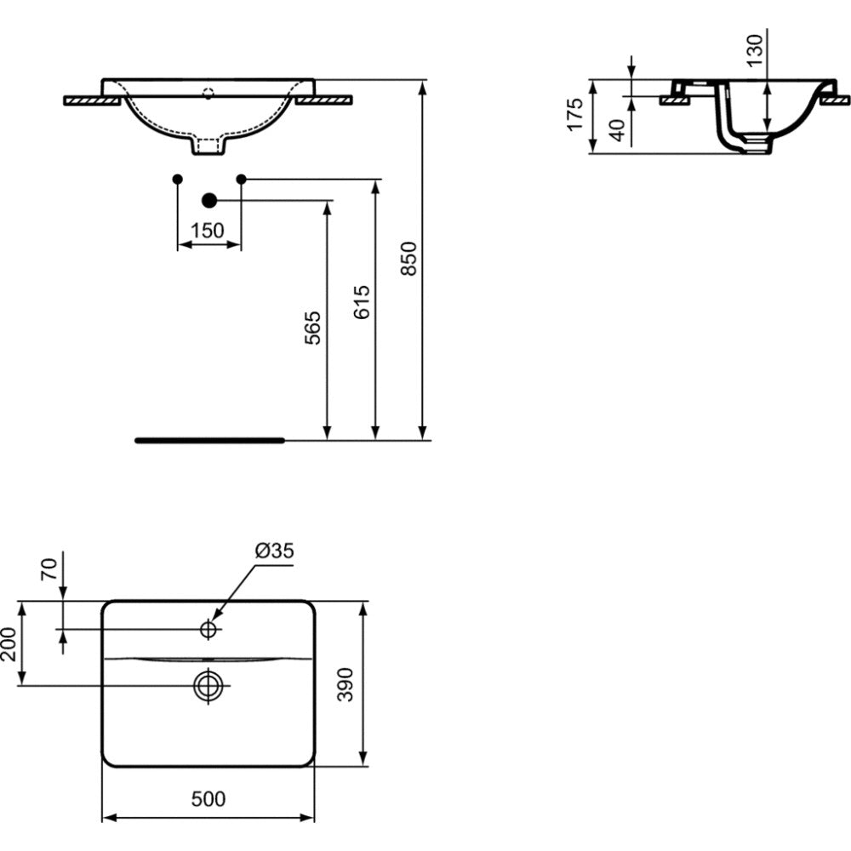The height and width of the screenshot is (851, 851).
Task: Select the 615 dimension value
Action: click(x=362, y=302)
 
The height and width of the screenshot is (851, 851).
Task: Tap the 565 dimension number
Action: click(x=312, y=328)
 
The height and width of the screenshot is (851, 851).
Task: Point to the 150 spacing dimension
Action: click(x=208, y=231)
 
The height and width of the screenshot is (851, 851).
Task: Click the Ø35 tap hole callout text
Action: click(x=275, y=551)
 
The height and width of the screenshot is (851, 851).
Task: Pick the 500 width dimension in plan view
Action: click(x=208, y=798)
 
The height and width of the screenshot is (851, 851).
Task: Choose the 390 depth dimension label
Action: click(x=346, y=684)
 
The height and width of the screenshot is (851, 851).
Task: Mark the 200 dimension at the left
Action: click(x=9, y=643)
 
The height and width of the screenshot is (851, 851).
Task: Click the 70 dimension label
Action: click(x=49, y=569)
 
